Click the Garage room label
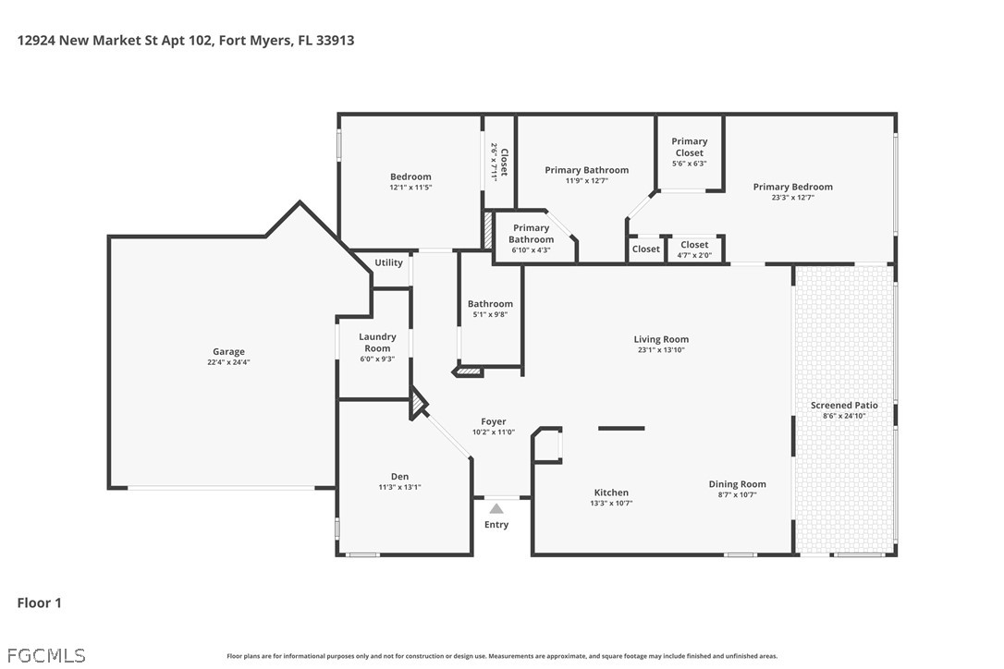click(x=228, y=351)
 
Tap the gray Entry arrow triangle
click(x=496, y=509)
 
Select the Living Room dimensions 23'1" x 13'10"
click(x=661, y=349)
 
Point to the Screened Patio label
click(x=844, y=406)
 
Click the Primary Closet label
click(x=689, y=147)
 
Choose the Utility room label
click(x=388, y=262)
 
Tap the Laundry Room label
click(x=377, y=343)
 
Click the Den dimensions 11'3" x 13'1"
click(x=399, y=487)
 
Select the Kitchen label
click(x=611, y=493)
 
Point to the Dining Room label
click(x=737, y=484)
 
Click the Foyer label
click(x=494, y=421)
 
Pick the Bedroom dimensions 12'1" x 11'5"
click(x=411, y=188)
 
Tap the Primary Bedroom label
click(x=792, y=187)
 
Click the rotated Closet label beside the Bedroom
click(x=504, y=162)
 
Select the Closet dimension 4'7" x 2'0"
click(x=694, y=255)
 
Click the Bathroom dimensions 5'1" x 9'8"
click(x=491, y=314)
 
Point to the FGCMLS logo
click(x=46, y=655)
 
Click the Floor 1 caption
click(x=39, y=603)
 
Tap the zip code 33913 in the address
click(x=335, y=41)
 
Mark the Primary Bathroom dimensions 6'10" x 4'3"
click(x=531, y=250)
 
